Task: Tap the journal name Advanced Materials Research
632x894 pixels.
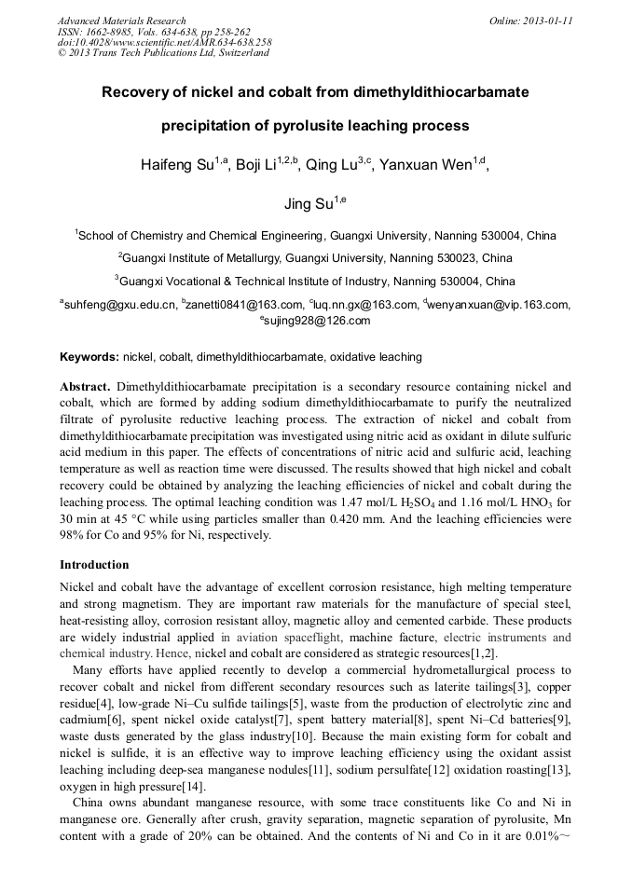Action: click(121, 21)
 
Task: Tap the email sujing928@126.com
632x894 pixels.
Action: click(318, 321)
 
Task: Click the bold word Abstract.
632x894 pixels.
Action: click(85, 386)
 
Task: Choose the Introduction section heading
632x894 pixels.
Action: click(94, 565)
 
